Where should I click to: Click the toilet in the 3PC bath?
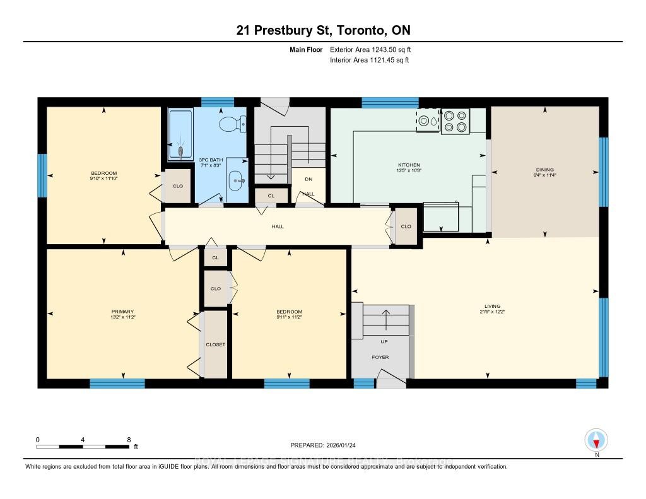[x=231, y=124]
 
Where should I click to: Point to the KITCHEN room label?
[x=409, y=164]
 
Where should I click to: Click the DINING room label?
[x=544, y=169]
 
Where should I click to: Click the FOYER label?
[x=380, y=357]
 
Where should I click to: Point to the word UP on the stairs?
[x=384, y=341]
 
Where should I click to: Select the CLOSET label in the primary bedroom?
[x=215, y=344]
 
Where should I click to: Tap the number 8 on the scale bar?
[x=129, y=439]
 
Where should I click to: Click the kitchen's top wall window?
[x=390, y=102]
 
